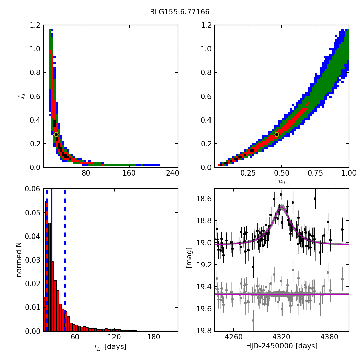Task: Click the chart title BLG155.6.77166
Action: click(180, 12)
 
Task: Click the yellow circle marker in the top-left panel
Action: click(56, 134)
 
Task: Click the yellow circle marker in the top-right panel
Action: click(277, 134)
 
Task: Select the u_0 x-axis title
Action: click(281, 182)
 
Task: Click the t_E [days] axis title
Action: click(110, 347)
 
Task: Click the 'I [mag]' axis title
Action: click(189, 260)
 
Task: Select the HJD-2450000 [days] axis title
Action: click(281, 346)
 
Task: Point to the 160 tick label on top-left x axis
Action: click(129, 173)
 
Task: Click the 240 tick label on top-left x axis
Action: click(172, 173)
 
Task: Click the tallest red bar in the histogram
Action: click(47, 267)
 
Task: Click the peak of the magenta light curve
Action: click(281, 208)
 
